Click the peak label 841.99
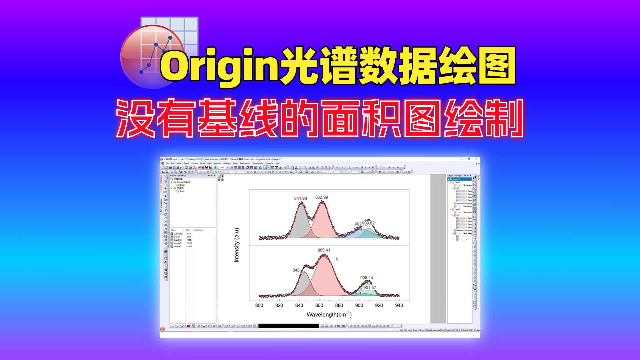[300, 198]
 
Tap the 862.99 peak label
[321, 197]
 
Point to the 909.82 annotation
[368, 223]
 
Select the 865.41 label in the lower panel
[324, 250]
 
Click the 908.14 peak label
[366, 278]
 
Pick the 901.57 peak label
[369, 288]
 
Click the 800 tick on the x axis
[259, 305]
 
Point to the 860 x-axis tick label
[319, 305]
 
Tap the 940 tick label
[399, 305]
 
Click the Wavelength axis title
[329, 314]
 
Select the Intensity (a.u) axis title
[237, 245]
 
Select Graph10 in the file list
[177, 240]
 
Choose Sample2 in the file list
[177, 246]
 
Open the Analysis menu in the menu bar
[217, 163]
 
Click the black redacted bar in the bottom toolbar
[288, 326]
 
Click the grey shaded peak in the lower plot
[303, 285]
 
